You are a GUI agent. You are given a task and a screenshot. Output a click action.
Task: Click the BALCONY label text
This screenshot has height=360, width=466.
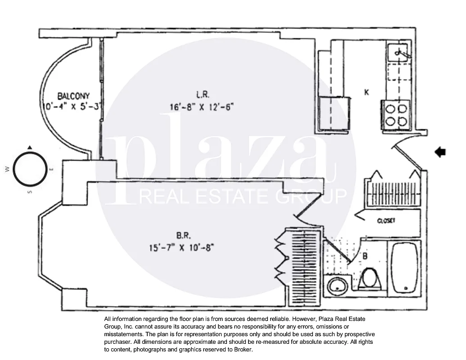(x=73, y=96)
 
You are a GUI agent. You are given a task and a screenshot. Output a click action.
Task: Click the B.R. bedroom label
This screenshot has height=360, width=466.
(x=184, y=234)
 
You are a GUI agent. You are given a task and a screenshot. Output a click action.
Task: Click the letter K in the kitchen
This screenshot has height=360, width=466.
(x=367, y=92)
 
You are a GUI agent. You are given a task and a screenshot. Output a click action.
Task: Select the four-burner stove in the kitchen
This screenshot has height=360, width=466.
(x=396, y=115)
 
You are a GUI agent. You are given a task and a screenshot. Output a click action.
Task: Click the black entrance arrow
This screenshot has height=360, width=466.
(x=440, y=153)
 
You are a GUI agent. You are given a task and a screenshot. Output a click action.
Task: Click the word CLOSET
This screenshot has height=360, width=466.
(x=386, y=221)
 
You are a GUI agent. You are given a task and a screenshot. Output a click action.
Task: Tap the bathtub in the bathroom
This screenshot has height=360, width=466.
(x=405, y=269)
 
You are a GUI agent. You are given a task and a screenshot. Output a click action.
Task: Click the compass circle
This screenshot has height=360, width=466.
(x=30, y=168)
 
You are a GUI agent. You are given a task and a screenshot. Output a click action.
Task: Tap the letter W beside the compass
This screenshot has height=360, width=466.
(x=7, y=169)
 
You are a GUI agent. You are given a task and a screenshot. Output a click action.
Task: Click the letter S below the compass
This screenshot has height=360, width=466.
(x=31, y=192)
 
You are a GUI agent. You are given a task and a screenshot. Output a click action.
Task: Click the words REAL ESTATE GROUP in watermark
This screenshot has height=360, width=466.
(x=244, y=196)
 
